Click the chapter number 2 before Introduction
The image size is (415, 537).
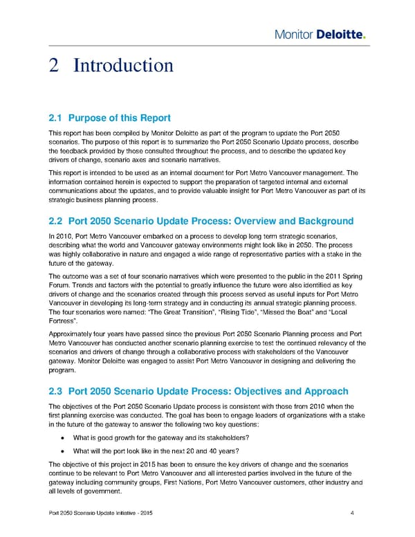[55, 66]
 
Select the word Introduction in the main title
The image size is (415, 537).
[123, 66]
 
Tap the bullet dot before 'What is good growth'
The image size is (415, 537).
[63, 438]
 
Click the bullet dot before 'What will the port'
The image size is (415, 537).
[63, 452]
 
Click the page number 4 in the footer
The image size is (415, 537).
[353, 513]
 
